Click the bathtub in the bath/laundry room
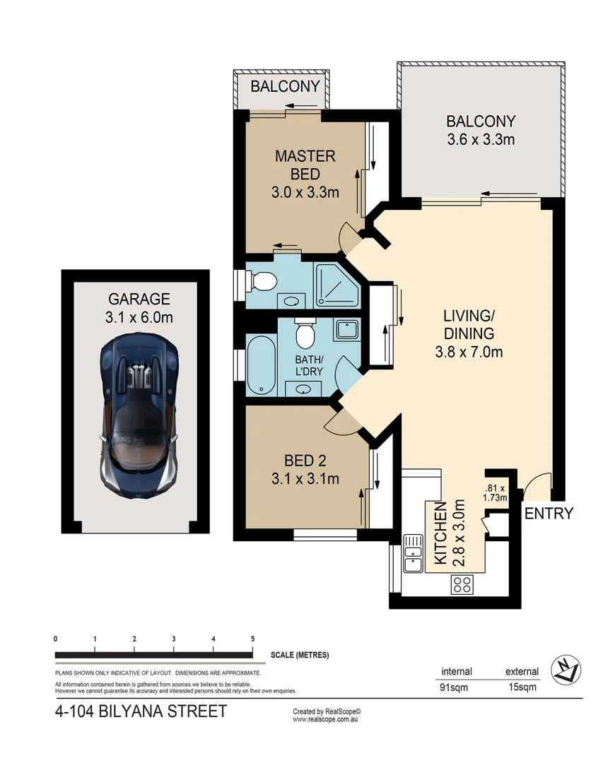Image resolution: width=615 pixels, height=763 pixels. (x=259, y=366)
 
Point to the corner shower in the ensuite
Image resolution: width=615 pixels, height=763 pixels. (x=336, y=285)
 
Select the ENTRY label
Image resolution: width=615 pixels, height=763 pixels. (x=549, y=514)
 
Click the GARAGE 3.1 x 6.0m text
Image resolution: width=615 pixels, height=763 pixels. (x=139, y=309)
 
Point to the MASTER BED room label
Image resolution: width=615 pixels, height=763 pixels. (x=305, y=165)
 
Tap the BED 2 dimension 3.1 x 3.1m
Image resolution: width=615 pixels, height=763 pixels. (x=305, y=479)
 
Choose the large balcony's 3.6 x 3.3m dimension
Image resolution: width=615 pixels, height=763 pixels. (x=481, y=139)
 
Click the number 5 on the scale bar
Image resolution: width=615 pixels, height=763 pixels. (x=252, y=639)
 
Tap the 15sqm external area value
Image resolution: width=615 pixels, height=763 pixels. (x=522, y=687)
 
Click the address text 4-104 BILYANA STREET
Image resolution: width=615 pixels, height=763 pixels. (x=141, y=711)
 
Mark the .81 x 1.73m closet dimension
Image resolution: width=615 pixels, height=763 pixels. (x=495, y=492)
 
